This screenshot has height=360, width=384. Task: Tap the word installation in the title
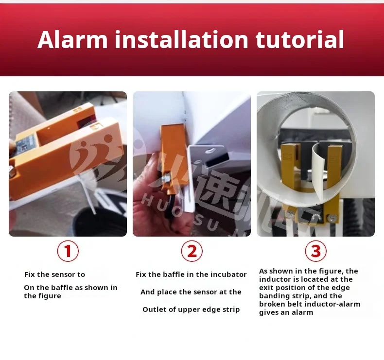coord(181,39)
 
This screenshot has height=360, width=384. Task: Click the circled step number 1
coord(68,251)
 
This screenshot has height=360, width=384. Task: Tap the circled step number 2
coord(192,251)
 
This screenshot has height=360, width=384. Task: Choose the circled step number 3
coord(316,251)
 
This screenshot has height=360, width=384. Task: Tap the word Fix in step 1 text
coord(31,274)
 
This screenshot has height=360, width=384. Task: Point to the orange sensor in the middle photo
coord(174,151)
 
